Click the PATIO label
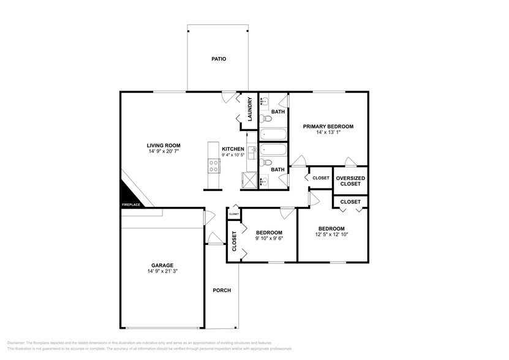click(x=219, y=59)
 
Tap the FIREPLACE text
click(x=131, y=205)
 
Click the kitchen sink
click(x=251, y=151)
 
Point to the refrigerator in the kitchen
click(x=248, y=181)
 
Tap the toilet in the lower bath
click(x=263, y=162)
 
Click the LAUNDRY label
click(x=250, y=110)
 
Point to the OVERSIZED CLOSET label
click(x=350, y=181)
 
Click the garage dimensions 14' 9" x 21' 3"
click(x=163, y=271)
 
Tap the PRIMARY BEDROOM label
click(x=328, y=126)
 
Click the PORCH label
click(x=221, y=290)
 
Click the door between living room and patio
click(x=227, y=97)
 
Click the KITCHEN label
click(x=233, y=149)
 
